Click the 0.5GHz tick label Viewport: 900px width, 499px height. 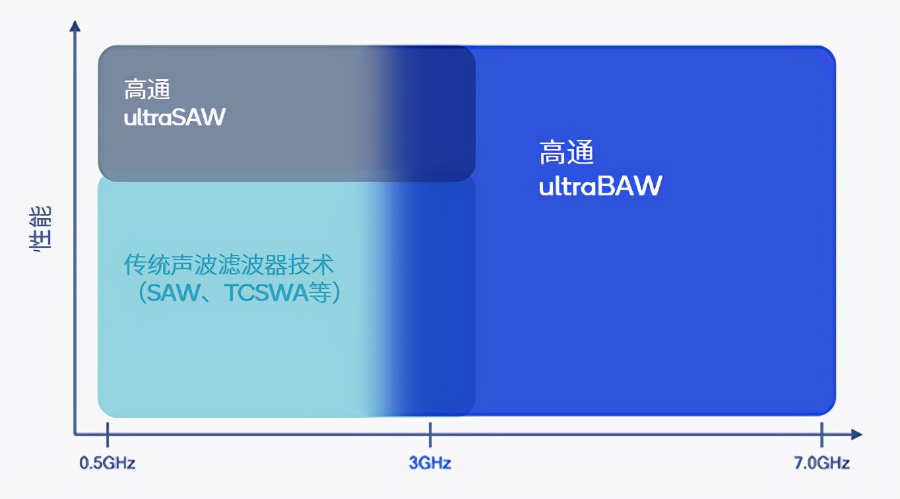(108, 463)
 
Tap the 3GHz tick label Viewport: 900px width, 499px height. (430, 463)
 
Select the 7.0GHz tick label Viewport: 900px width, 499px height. (822, 463)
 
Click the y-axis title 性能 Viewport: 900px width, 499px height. (41, 229)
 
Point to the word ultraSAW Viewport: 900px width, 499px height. (175, 117)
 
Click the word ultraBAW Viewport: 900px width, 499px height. (600, 186)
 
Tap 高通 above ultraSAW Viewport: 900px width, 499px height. (147, 90)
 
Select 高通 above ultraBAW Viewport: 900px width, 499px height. (567, 153)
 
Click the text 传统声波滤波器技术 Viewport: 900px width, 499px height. (229, 265)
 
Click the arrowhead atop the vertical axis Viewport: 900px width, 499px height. (75, 26)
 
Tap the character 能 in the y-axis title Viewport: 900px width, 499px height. (41, 217)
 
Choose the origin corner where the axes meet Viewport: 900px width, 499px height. (75, 434)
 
